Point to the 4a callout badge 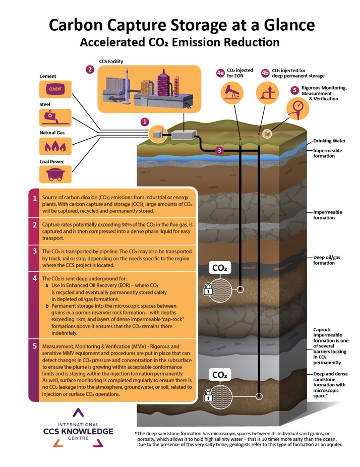220,73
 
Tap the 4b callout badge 265,73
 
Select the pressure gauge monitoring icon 297,106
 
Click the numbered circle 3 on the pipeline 219,150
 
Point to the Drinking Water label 329,142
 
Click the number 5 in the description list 34,346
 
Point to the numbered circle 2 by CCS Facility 90,70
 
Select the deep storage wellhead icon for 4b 264,92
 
